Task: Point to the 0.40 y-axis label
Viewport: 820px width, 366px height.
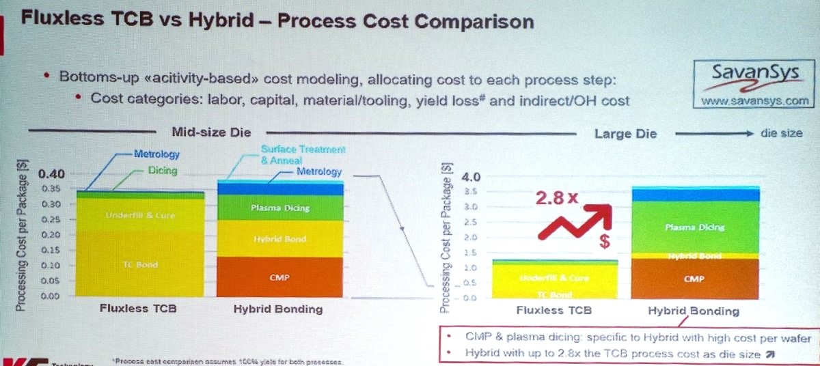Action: (52, 173)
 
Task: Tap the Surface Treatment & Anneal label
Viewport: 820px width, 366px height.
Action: (303, 154)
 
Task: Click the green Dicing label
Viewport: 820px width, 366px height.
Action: (162, 171)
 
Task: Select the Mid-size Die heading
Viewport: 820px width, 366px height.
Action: (211, 133)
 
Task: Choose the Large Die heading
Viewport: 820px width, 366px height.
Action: (625, 134)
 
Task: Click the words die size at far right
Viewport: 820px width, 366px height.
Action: (781, 133)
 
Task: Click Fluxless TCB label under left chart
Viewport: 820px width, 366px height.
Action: (138, 309)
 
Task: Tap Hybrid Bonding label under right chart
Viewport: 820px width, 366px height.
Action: (694, 311)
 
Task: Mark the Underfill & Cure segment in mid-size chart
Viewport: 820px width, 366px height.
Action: (140, 216)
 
